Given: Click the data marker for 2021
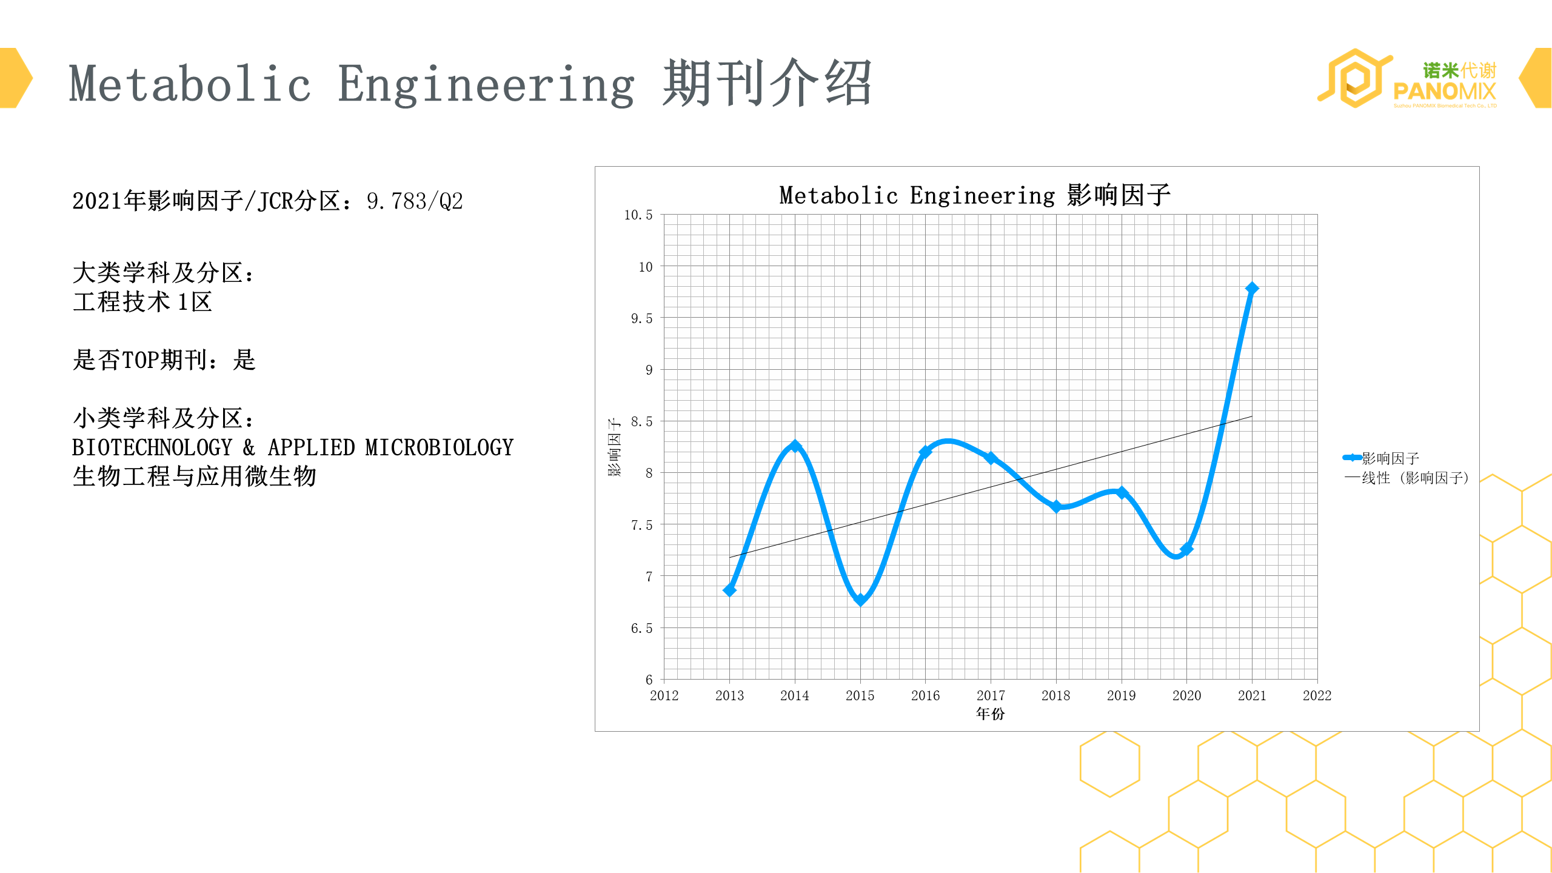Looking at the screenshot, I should click(x=1251, y=289).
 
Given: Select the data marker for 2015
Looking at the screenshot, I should click(x=860, y=600).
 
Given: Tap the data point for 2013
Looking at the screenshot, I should click(x=729, y=590).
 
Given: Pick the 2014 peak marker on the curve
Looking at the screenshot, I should click(x=795, y=446).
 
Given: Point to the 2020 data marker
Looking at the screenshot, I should click(x=1186, y=549).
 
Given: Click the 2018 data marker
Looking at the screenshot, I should click(x=1056, y=506).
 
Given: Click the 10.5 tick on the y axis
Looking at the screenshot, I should click(x=638, y=215).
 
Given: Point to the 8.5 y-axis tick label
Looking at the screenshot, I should click(x=641, y=422).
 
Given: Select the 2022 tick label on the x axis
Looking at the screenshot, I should click(x=1317, y=696).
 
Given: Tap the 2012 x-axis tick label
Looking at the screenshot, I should click(x=664, y=696).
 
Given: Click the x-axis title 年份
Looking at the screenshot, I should click(x=990, y=714).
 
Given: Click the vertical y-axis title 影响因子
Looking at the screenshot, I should click(x=614, y=447).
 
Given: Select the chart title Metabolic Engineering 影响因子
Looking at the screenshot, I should click(x=974, y=195).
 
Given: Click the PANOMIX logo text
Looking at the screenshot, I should click(x=1444, y=92).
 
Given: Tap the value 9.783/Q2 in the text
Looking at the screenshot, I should click(x=415, y=201).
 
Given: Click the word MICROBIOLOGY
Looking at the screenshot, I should click(x=439, y=448).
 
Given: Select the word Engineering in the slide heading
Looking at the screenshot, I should click(x=486, y=85).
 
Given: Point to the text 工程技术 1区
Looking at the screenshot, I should click(x=142, y=302).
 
